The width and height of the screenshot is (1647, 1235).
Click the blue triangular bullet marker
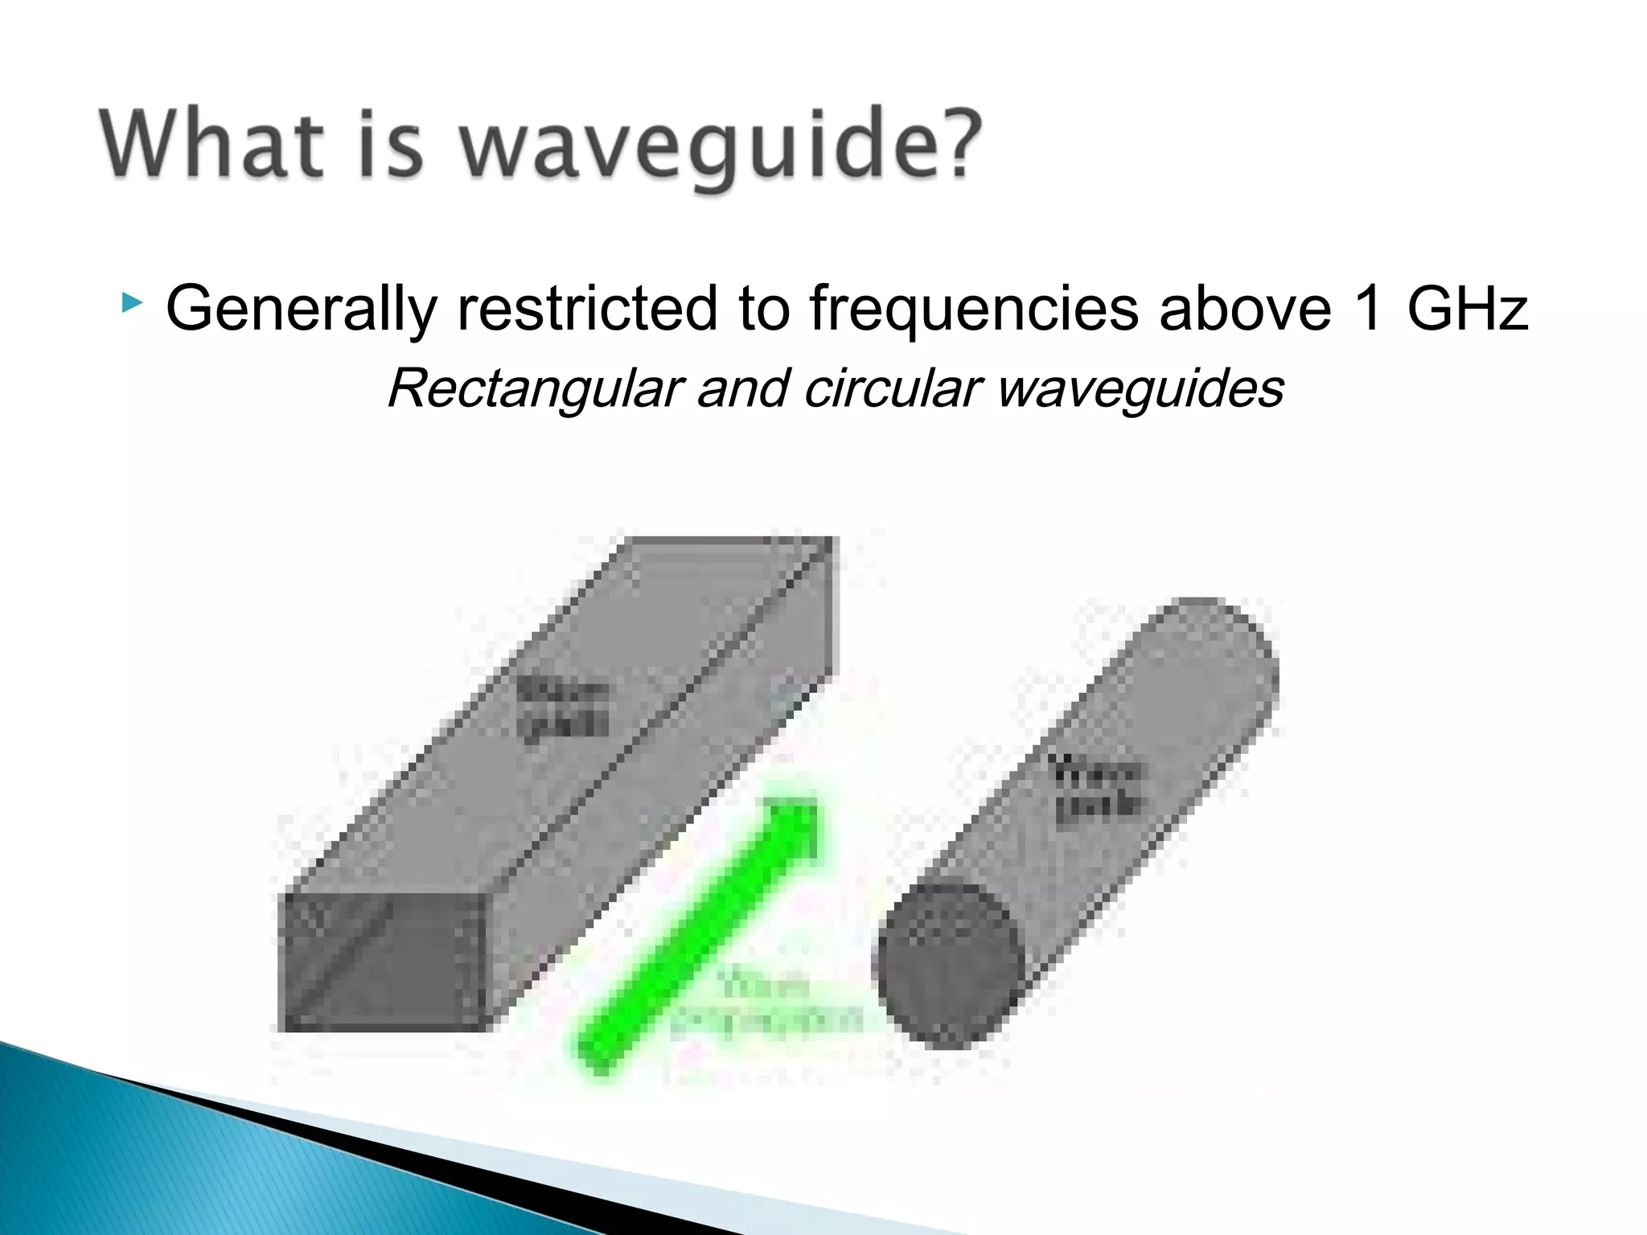[132, 303]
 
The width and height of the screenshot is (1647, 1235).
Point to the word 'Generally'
[302, 310]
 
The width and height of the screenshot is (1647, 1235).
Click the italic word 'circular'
[893, 388]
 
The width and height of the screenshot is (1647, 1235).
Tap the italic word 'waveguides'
[1140, 390]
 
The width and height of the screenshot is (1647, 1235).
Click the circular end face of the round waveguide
[949, 965]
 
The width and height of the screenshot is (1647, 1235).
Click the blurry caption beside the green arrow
[764, 1005]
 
